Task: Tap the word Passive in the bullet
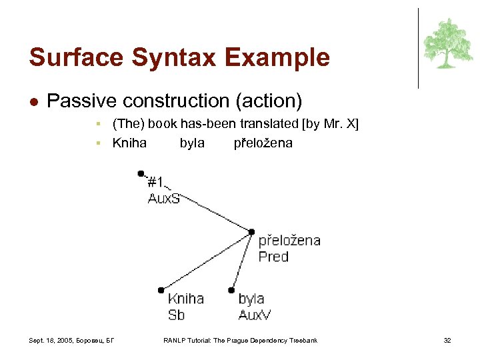(78, 101)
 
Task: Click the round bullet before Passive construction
(33, 102)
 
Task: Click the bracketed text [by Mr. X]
(330, 124)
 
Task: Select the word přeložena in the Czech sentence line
(263, 143)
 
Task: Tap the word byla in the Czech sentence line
(192, 143)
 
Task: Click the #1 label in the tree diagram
(156, 182)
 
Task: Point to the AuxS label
(164, 198)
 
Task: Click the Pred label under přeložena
(273, 257)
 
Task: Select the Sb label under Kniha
(176, 315)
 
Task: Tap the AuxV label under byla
(255, 315)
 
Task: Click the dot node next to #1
(141, 173)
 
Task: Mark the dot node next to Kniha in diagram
(161, 290)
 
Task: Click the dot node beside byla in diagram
(231, 290)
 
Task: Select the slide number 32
(447, 341)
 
